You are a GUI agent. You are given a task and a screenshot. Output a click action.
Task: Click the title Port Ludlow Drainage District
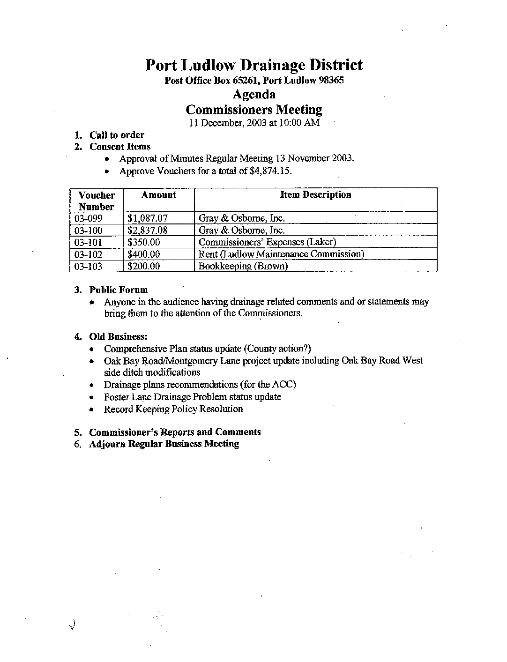[x=253, y=65]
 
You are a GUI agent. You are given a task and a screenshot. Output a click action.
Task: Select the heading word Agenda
[x=254, y=95]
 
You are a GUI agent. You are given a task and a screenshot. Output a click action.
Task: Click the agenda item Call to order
[x=117, y=135]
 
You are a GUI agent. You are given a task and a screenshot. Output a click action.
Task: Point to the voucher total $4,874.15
[x=271, y=171]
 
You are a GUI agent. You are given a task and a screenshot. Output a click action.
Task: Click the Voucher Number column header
[x=97, y=201]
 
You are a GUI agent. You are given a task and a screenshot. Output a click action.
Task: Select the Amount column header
[x=159, y=195]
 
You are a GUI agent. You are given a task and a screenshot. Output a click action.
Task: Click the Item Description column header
[x=315, y=194]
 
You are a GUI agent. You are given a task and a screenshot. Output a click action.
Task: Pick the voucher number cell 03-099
[x=89, y=218]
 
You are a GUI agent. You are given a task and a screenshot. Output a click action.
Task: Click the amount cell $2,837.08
[x=147, y=231]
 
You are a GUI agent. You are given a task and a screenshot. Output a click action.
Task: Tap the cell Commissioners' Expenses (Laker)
[x=268, y=242]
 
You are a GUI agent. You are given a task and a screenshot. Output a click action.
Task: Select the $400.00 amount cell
[x=144, y=254]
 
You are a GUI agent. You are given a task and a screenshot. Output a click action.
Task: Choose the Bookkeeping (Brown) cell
[x=243, y=266]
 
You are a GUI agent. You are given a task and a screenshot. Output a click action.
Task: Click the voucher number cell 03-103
[x=89, y=266]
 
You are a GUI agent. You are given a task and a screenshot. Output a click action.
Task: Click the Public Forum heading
[x=118, y=290]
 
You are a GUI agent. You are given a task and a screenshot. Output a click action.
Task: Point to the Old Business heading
[x=118, y=337]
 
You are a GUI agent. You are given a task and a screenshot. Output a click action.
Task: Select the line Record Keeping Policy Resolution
[x=173, y=409]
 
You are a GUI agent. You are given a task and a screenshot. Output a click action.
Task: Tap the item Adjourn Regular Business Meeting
[x=164, y=444]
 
